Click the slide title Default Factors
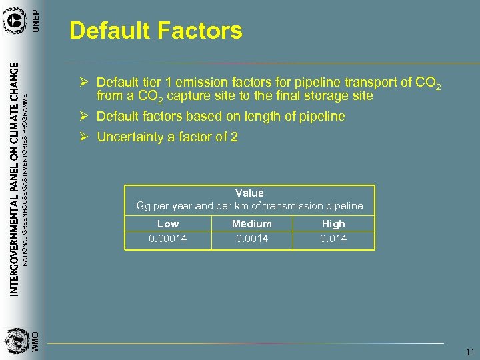pyautogui.click(x=155, y=31)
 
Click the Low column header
pyautogui.click(x=168, y=224)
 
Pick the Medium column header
pyautogui.click(x=251, y=224)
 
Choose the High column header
pyautogui.click(x=333, y=224)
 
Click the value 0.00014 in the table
pyautogui.click(x=168, y=238)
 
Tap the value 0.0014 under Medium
pyautogui.click(x=251, y=238)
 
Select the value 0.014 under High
pyautogui.click(x=333, y=238)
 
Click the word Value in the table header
pyautogui.click(x=249, y=193)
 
